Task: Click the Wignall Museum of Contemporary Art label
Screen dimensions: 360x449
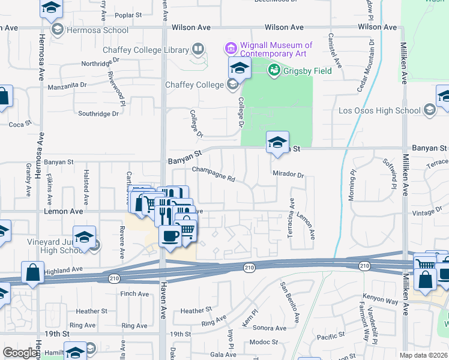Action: [x=276, y=50]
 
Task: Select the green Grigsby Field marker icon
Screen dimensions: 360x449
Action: [x=274, y=70]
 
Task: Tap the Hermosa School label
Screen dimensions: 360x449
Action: [x=98, y=30]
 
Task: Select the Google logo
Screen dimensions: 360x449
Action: [x=19, y=353]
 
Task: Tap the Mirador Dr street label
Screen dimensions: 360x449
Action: [x=289, y=175]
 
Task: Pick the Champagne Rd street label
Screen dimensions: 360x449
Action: [x=212, y=175]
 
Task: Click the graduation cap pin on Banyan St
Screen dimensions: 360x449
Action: [x=277, y=143]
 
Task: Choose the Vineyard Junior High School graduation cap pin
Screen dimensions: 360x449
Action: [x=84, y=238]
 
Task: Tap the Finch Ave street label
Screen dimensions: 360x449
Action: [x=134, y=294]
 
